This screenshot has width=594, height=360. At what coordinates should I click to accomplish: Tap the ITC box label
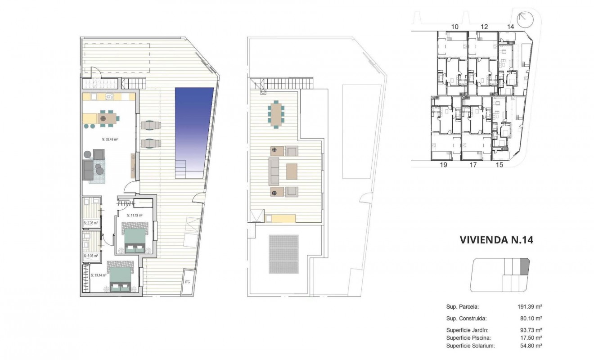188,282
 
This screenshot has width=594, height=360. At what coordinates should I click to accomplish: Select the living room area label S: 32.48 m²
109,139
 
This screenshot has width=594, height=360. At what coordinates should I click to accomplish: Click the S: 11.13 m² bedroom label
135,216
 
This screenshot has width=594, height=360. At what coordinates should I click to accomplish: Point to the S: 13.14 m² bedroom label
98,275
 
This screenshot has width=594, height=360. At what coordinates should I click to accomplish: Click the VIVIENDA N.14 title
496,240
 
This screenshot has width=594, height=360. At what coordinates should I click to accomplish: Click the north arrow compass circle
525,20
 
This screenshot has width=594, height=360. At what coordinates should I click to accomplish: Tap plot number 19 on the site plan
443,165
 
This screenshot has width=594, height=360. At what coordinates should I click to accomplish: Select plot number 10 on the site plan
454,27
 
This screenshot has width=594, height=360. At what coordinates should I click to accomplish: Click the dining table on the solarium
275,115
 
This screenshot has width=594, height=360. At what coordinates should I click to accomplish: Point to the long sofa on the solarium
274,171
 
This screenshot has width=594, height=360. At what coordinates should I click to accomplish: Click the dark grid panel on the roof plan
284,254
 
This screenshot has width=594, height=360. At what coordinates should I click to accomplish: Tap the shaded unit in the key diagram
525,266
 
